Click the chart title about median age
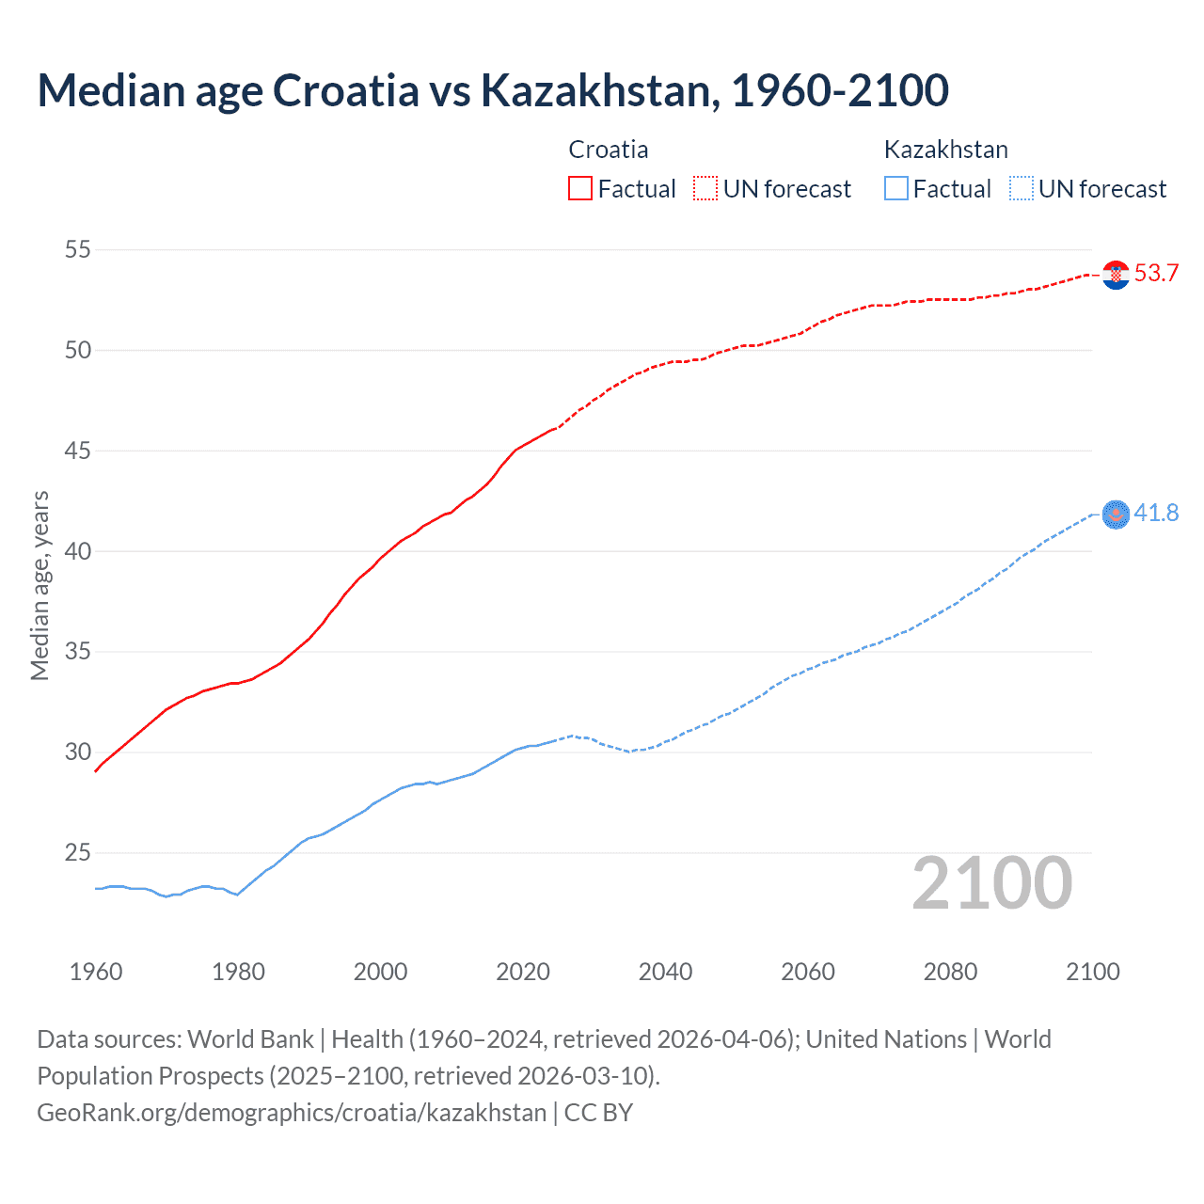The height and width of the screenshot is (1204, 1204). point(493,90)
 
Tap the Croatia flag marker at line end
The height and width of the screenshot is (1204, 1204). point(1116,275)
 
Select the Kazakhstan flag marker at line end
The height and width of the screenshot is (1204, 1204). point(1116,515)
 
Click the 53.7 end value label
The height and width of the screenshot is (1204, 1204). point(1156,274)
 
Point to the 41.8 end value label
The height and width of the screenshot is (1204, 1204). point(1156,514)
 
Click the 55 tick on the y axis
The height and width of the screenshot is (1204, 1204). point(78,250)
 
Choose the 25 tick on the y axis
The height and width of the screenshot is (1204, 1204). point(78,853)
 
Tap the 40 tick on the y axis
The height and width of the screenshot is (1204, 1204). point(78,551)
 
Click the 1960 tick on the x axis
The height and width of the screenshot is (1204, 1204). point(96,973)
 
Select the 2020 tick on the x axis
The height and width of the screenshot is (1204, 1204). point(523,973)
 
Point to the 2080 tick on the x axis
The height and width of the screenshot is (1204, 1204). point(950,973)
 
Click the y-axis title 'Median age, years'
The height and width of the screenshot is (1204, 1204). point(40,585)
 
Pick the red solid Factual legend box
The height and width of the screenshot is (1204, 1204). point(580,189)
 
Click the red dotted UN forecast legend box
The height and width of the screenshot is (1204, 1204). point(705,189)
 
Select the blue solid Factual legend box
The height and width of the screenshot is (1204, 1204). point(896,189)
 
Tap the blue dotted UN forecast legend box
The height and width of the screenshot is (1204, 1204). point(1021,189)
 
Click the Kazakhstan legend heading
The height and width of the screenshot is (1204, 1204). point(945,150)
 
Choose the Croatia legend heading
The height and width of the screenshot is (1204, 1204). point(609,150)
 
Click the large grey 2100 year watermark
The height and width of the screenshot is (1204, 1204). point(991,883)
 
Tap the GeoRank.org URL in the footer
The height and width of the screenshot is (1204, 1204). point(292,1113)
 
